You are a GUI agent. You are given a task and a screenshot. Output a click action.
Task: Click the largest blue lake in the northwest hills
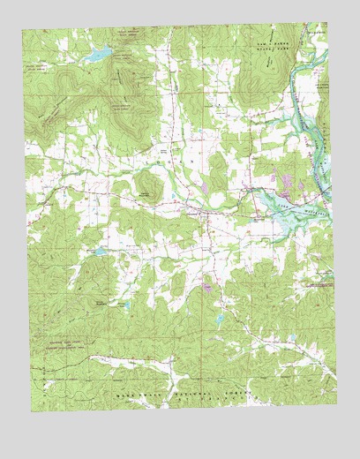94,56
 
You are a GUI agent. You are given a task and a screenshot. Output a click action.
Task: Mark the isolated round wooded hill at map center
146,186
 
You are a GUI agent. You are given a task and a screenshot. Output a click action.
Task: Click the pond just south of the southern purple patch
215,315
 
